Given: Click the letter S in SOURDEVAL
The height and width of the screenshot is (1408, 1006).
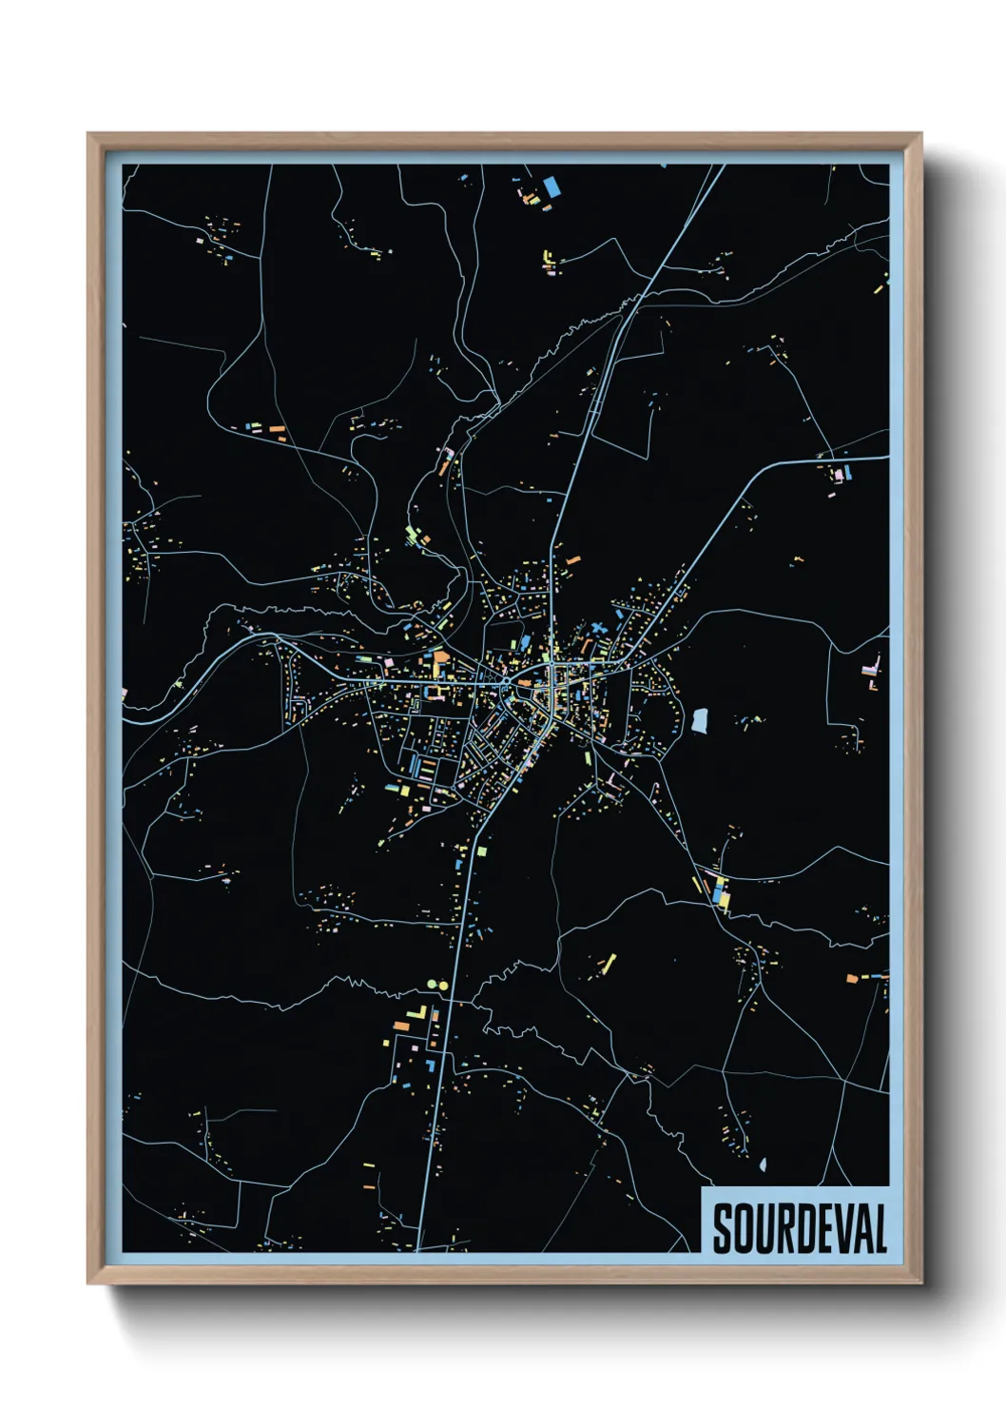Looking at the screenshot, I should [724, 1229].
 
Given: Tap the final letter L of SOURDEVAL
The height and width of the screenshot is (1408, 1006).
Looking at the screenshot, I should [880, 1229].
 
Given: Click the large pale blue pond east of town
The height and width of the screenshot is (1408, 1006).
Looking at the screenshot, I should [700, 720].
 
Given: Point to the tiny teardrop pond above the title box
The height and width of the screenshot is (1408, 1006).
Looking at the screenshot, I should [763, 1164].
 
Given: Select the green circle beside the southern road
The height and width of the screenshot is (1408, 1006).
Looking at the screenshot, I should [432, 985].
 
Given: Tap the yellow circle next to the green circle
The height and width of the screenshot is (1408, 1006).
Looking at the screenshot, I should [442, 985].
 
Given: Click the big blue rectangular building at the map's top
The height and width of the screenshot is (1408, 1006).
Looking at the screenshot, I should [551, 186].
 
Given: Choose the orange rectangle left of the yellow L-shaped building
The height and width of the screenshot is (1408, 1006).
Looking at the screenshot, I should [400, 1026].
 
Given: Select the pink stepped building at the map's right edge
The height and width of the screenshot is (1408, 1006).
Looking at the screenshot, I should [871, 669].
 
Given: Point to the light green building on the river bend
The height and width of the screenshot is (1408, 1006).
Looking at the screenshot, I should [412, 534].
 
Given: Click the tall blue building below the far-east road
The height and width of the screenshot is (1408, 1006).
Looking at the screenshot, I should [847, 471].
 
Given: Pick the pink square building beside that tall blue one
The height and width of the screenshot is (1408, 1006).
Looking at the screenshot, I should [838, 474].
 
